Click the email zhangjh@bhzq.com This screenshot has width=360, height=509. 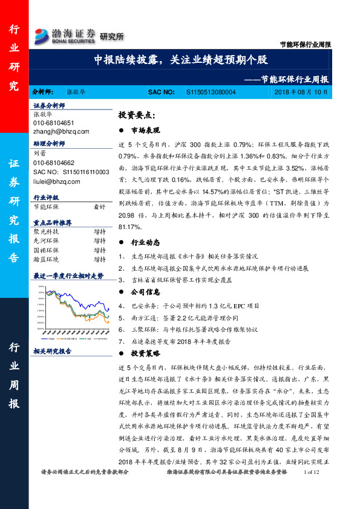pos(61,131)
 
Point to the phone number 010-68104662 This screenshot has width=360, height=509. pos(54,163)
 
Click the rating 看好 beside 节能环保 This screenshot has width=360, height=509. pos(99,207)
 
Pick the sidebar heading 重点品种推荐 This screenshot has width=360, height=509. pos(53,222)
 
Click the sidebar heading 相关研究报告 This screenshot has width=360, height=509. pos(52,351)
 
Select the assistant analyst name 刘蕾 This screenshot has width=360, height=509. pos(39,154)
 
